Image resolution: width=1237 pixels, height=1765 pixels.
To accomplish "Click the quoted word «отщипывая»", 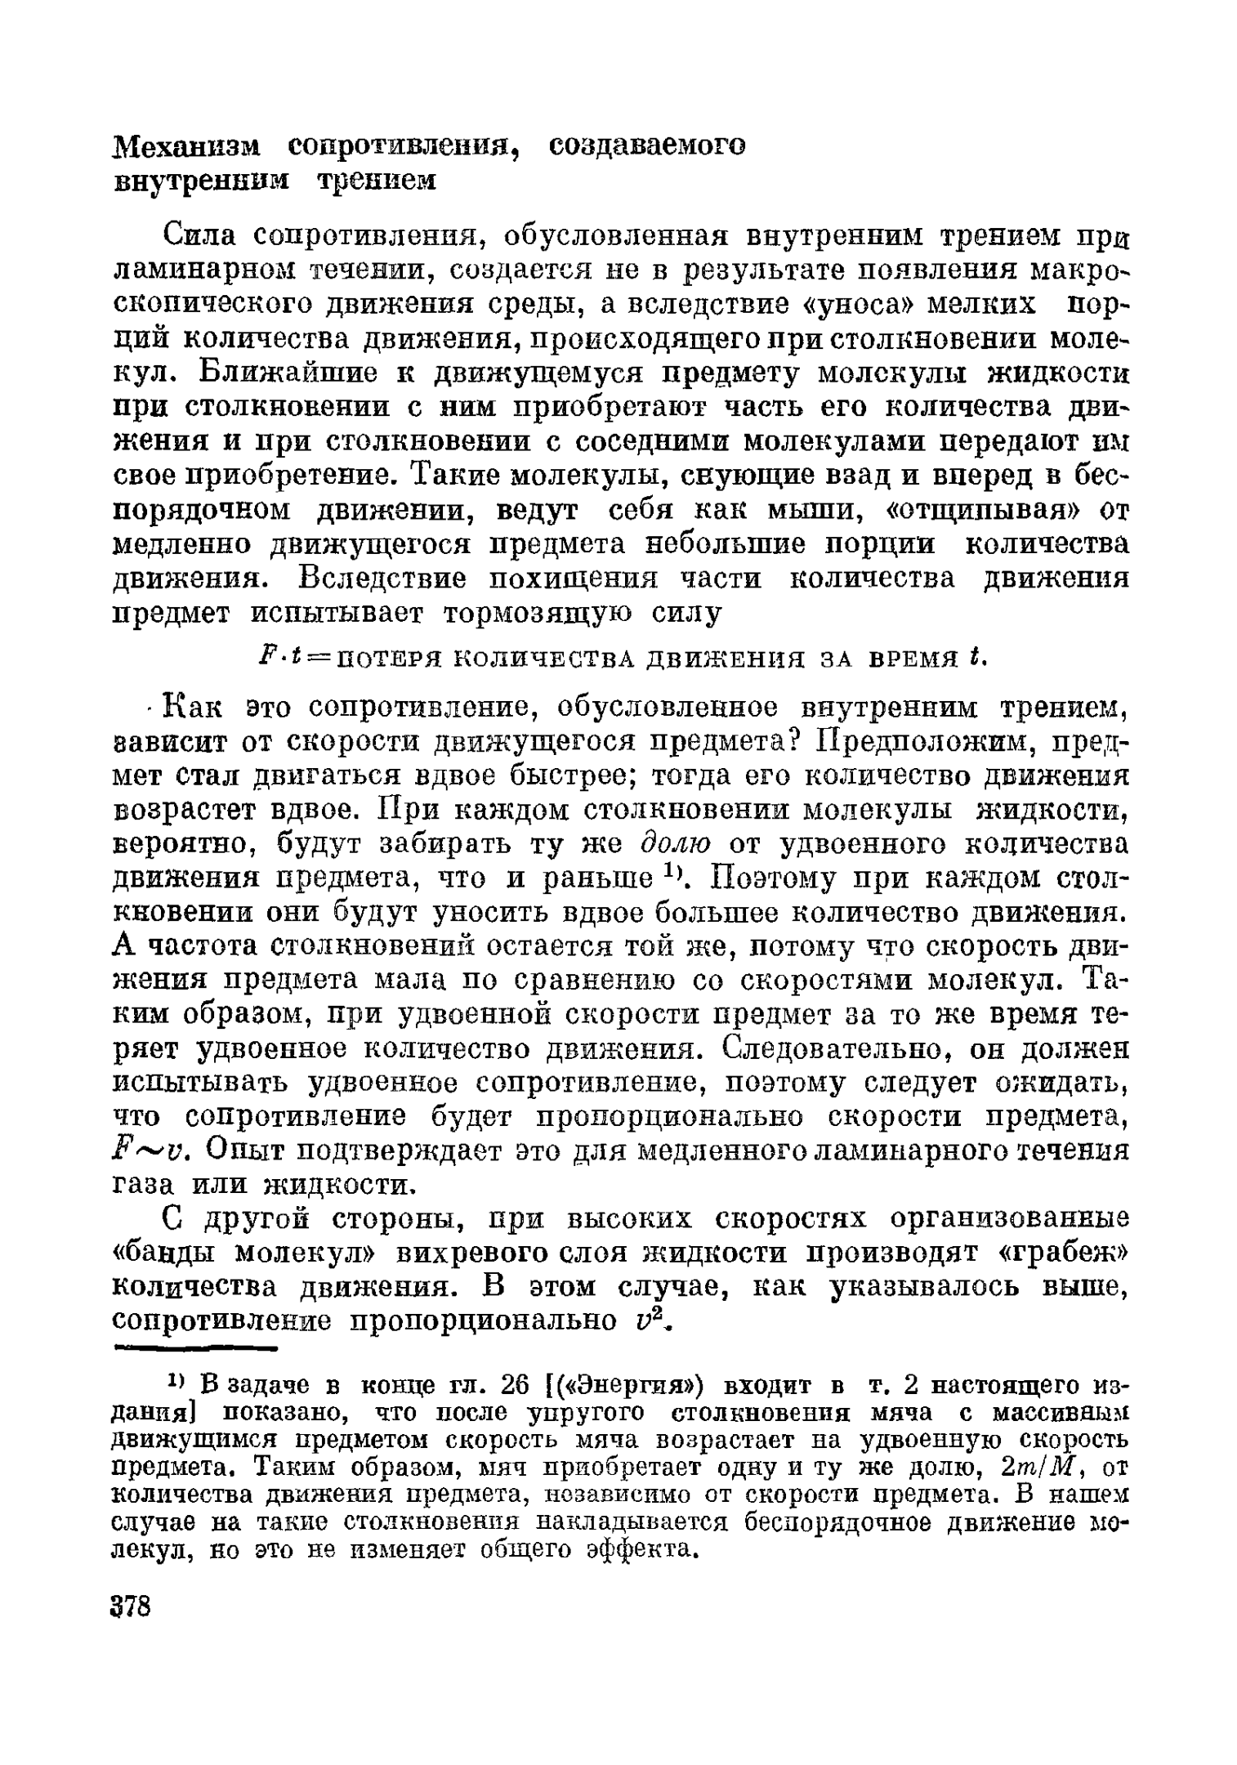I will point(981,511).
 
